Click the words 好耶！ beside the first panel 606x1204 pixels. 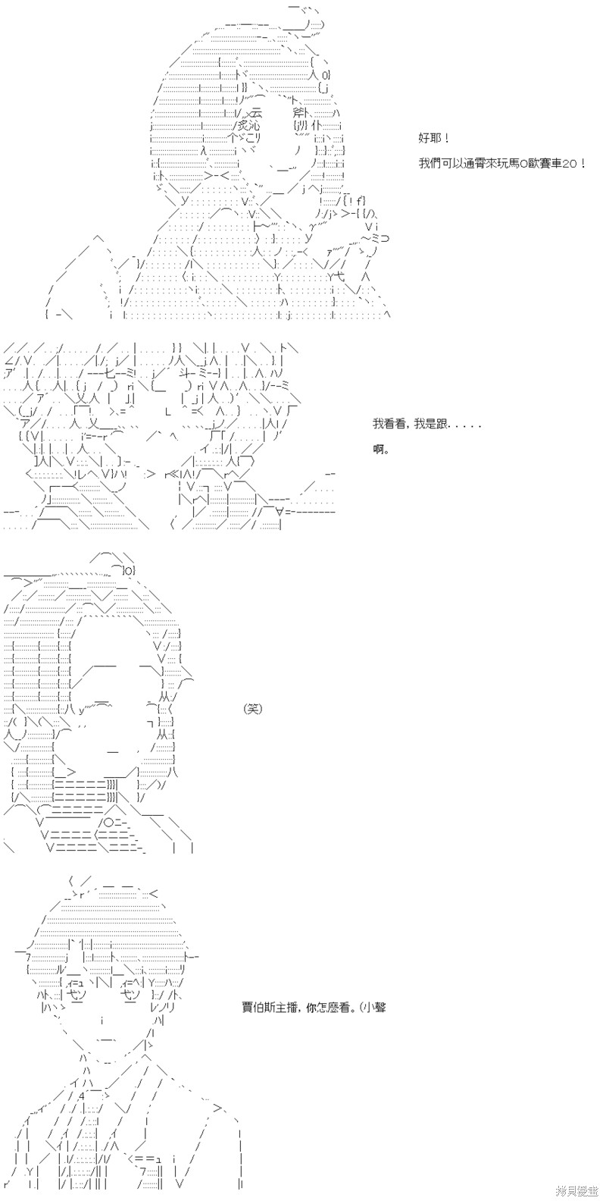[x=433, y=139]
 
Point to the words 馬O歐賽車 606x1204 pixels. [x=533, y=163]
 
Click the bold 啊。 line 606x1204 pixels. [x=381, y=450]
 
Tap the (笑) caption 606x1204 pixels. [x=253, y=709]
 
